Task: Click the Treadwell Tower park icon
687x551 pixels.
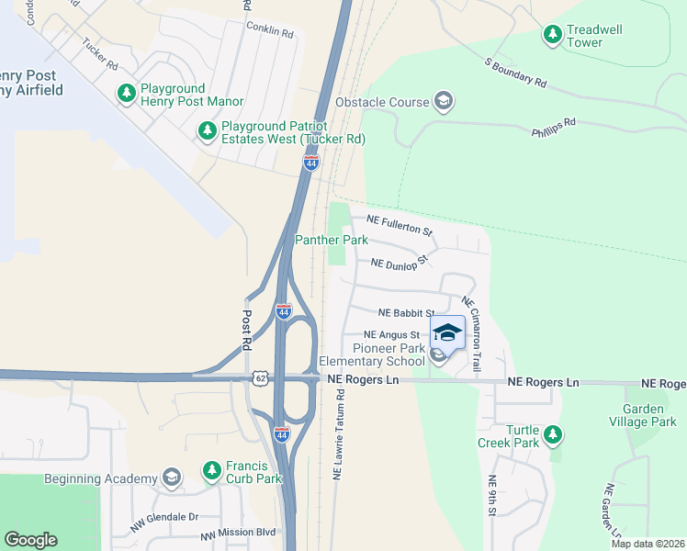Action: point(553,35)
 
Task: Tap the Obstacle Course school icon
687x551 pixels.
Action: point(444,100)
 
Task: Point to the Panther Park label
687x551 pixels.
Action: point(331,240)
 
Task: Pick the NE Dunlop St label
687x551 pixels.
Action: point(400,263)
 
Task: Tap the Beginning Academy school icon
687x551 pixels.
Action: point(171,477)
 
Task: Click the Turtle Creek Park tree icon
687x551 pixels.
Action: point(552,434)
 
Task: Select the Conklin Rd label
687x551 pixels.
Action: point(269,30)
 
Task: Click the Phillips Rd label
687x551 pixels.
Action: point(553,127)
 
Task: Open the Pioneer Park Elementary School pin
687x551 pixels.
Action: point(447,333)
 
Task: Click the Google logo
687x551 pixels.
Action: point(30,540)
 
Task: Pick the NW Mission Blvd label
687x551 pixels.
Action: point(239,533)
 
